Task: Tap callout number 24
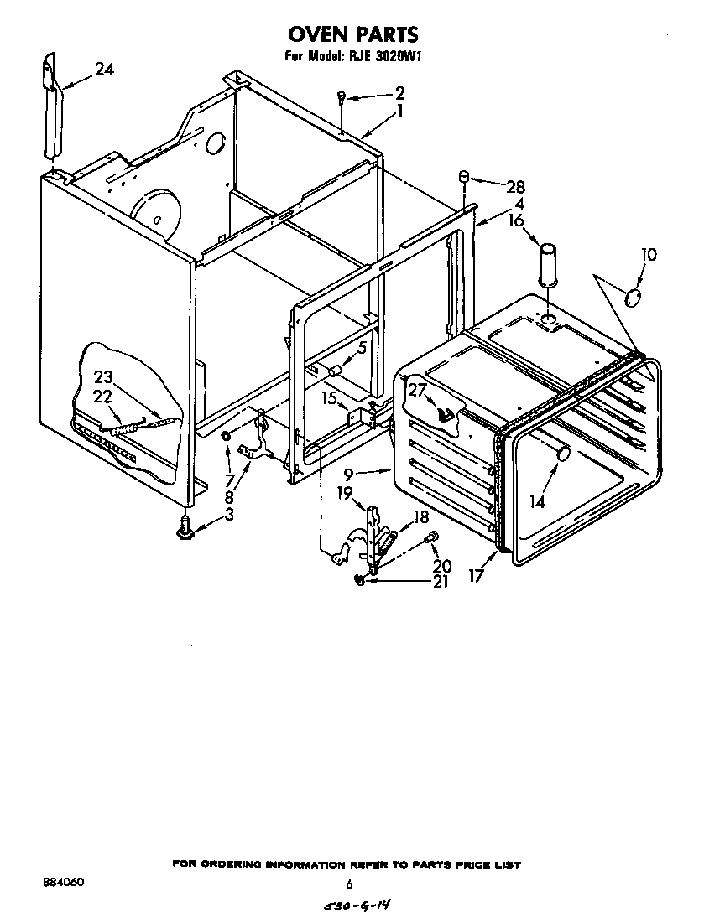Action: (104, 70)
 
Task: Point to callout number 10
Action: (649, 254)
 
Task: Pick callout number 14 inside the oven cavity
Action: (536, 501)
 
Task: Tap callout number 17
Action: (476, 577)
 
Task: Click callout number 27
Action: (418, 389)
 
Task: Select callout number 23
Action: (102, 376)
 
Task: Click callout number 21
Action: (441, 581)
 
